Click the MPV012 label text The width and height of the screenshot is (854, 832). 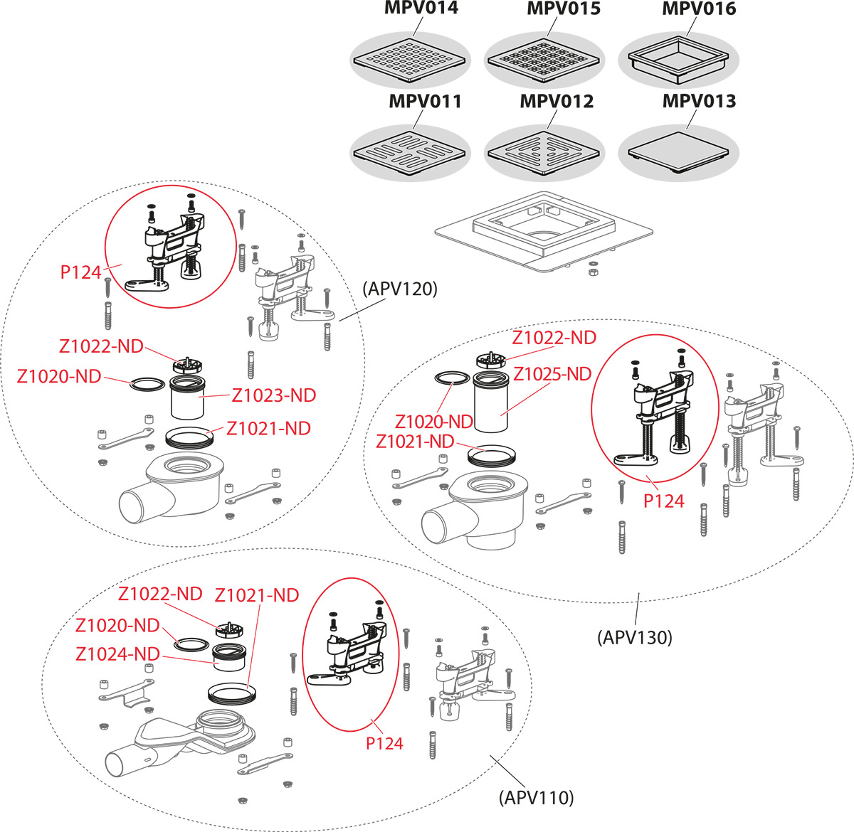click(x=556, y=102)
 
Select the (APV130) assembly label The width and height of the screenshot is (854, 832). click(x=634, y=637)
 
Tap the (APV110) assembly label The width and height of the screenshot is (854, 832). click(x=535, y=797)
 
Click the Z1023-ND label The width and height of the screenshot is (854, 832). click(x=274, y=395)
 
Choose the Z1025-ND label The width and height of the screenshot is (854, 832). click(x=552, y=373)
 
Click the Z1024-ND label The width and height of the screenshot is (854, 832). click(x=117, y=653)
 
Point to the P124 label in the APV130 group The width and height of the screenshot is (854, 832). click(x=663, y=501)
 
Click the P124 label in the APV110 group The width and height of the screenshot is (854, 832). click(x=384, y=744)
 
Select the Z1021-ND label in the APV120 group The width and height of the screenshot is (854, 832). click(x=268, y=429)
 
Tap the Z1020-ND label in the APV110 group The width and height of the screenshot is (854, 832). click(x=117, y=626)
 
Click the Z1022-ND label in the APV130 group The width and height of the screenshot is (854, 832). click(x=554, y=338)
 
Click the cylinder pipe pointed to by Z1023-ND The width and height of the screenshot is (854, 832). click(x=188, y=400)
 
